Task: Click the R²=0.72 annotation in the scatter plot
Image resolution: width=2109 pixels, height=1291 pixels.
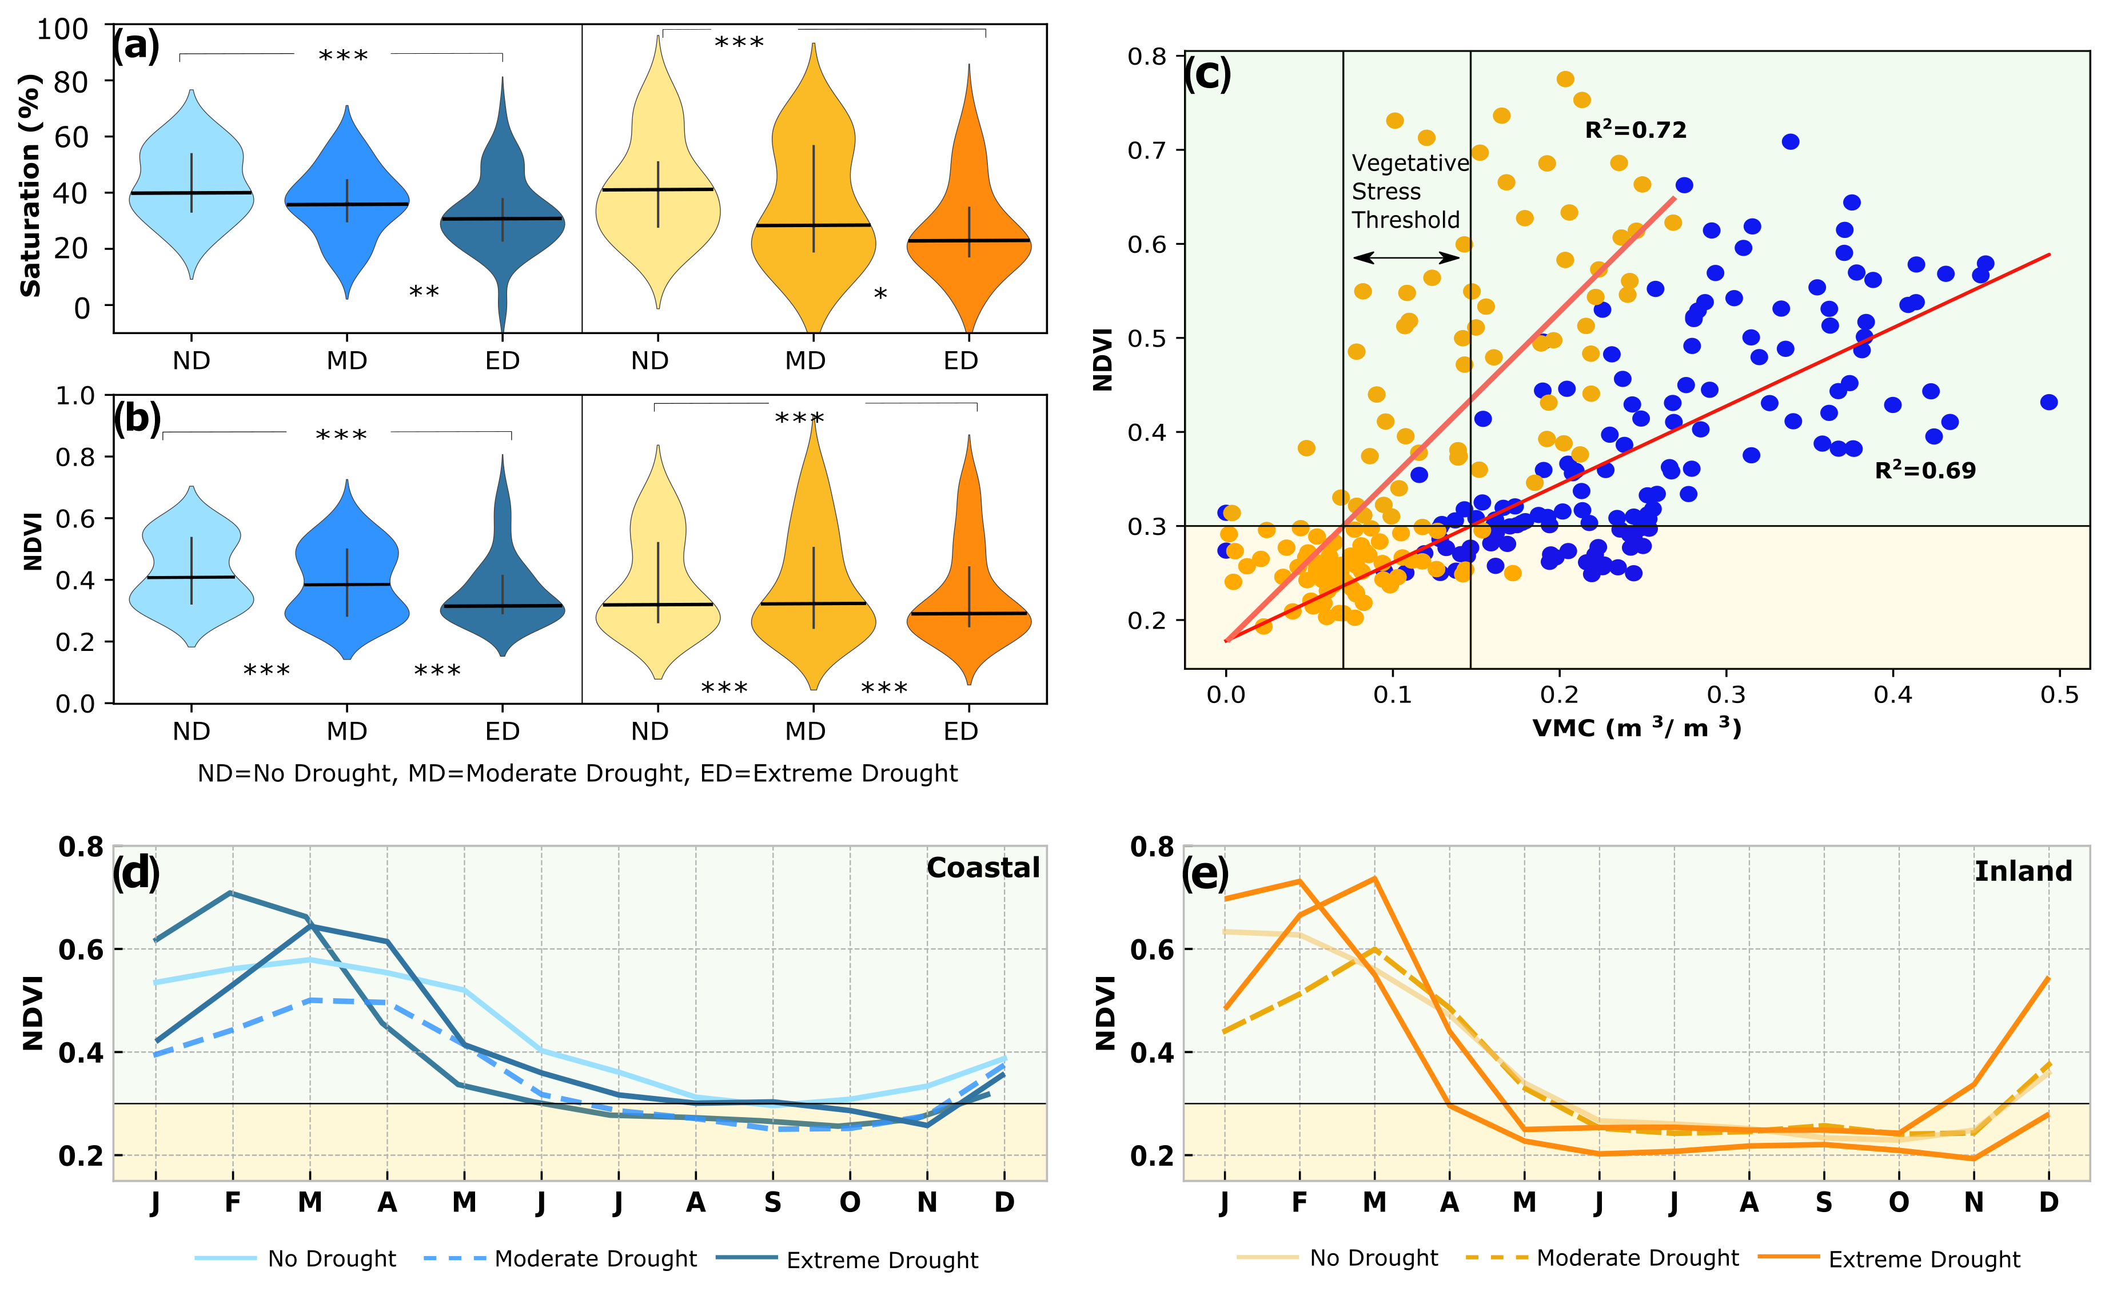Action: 1635,130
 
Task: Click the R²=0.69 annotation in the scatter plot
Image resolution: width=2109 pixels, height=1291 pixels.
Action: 1924,470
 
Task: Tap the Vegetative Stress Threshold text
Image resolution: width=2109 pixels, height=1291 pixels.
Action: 1409,192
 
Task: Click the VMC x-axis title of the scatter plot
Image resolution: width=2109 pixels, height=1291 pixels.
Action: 1636,729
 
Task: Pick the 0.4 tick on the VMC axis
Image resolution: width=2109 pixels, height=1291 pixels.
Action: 1892,694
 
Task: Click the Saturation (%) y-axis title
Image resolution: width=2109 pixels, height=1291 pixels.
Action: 31,186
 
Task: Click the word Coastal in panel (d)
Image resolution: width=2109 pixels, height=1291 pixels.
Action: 983,868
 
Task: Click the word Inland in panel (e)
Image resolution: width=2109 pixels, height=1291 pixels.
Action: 2023,872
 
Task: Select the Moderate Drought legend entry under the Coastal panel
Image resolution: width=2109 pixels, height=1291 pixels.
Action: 595,1258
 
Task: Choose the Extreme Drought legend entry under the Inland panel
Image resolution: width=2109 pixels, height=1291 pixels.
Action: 1923,1260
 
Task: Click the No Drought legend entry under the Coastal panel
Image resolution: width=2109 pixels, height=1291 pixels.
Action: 331,1258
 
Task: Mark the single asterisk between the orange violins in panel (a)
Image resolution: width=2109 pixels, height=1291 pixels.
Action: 880,295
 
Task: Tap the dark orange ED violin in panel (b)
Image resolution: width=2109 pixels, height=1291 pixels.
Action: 969,599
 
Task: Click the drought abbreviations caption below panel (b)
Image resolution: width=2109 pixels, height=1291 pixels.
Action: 578,773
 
